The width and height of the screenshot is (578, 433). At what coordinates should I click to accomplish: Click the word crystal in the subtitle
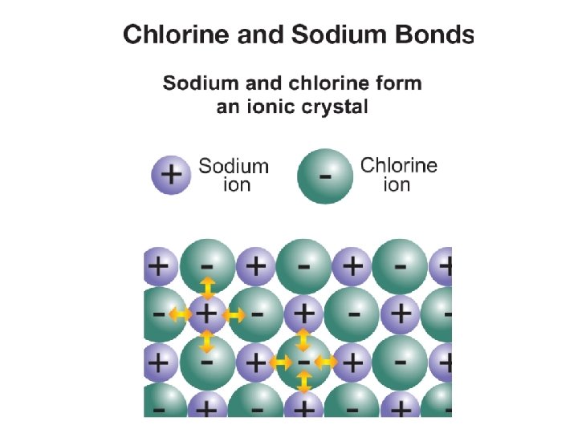pyautogui.click(x=333, y=107)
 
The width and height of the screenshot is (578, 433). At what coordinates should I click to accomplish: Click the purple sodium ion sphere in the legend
pyautogui.click(x=172, y=174)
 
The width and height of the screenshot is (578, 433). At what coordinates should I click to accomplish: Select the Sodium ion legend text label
pyautogui.click(x=234, y=175)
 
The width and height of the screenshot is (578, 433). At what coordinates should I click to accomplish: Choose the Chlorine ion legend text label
pyautogui.click(x=399, y=175)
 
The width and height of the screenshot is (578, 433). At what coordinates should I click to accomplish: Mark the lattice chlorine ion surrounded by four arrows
pyautogui.click(x=303, y=362)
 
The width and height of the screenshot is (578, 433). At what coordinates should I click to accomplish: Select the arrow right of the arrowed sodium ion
pyautogui.click(x=234, y=314)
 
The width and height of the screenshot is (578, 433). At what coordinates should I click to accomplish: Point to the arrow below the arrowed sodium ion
pyautogui.click(x=207, y=342)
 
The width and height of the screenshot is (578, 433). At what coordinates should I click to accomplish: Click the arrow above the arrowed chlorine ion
pyautogui.click(x=303, y=340)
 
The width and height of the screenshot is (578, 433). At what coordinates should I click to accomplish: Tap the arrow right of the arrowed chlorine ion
pyautogui.click(x=326, y=362)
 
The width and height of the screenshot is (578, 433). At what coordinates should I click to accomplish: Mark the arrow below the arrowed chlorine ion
pyautogui.click(x=303, y=384)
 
